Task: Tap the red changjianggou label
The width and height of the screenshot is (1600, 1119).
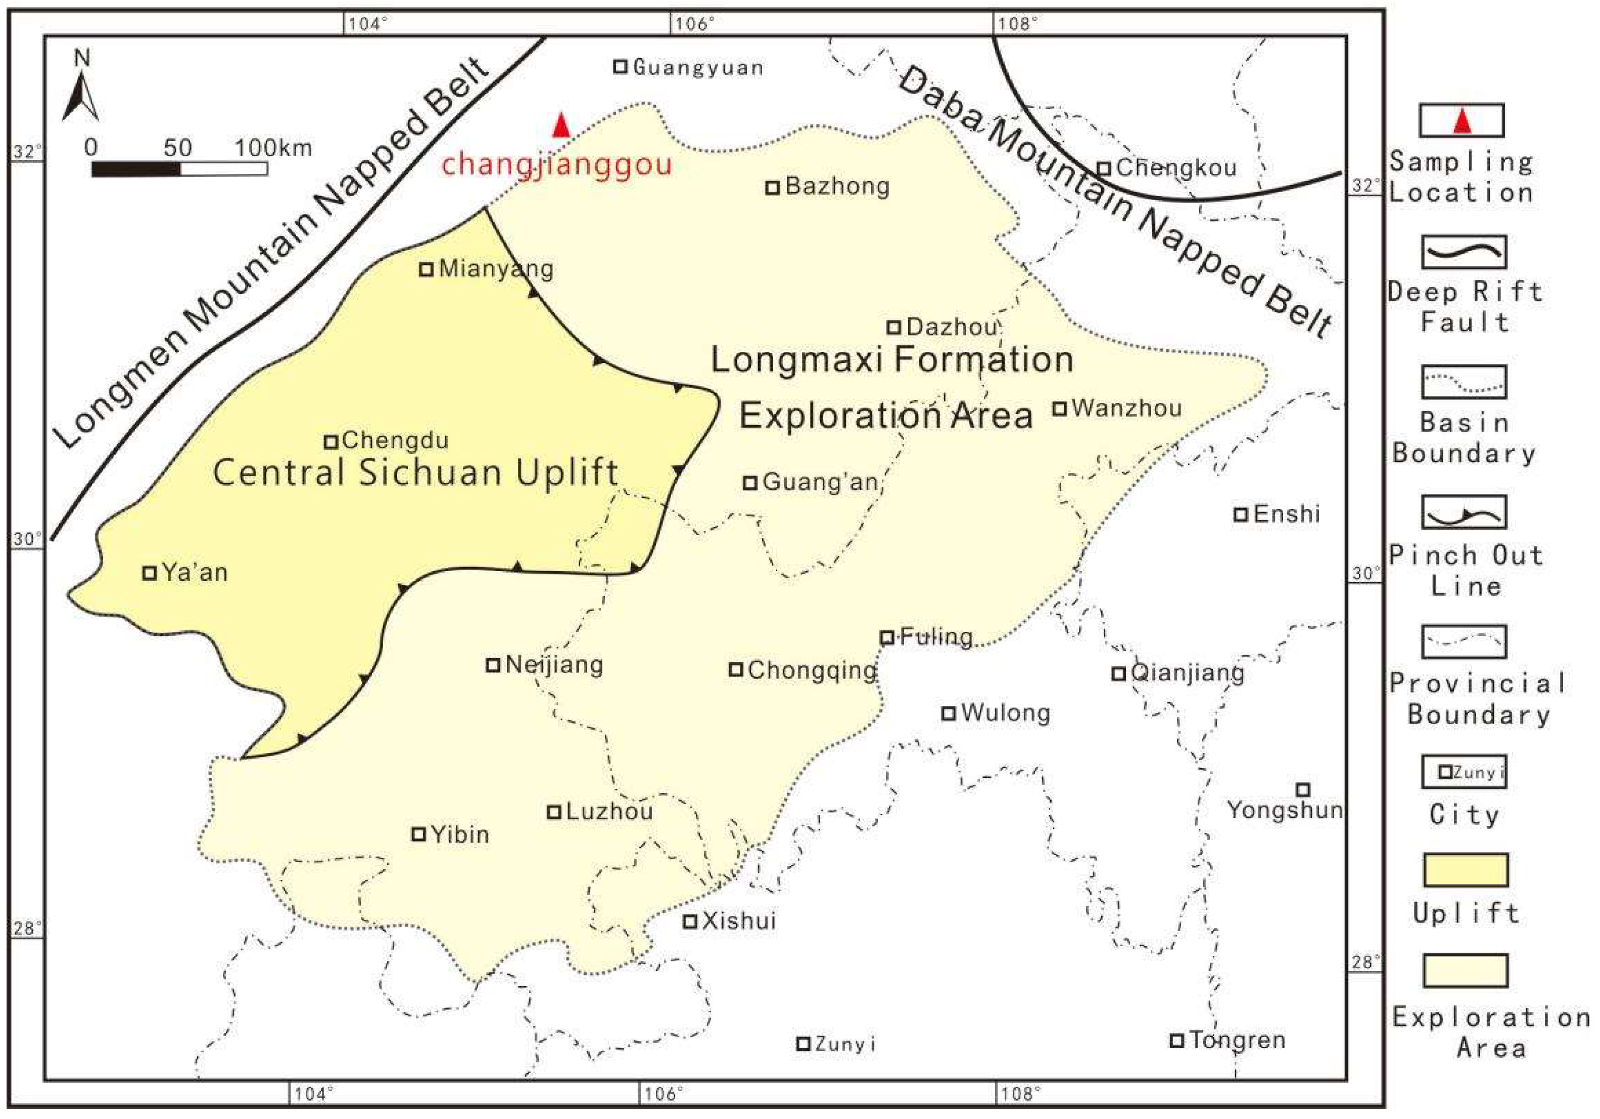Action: (x=556, y=164)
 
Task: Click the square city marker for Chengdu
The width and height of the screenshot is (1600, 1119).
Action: (x=331, y=442)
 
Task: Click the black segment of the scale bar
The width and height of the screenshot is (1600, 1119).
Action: (x=136, y=169)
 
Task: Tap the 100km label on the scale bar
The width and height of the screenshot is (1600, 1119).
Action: (x=273, y=148)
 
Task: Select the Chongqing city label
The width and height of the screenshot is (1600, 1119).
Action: (x=812, y=670)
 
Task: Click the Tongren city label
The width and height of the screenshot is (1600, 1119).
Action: (x=1237, y=1040)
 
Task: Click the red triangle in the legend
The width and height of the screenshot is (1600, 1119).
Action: (x=1462, y=121)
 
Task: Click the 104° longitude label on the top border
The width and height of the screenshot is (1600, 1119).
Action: (x=367, y=24)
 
